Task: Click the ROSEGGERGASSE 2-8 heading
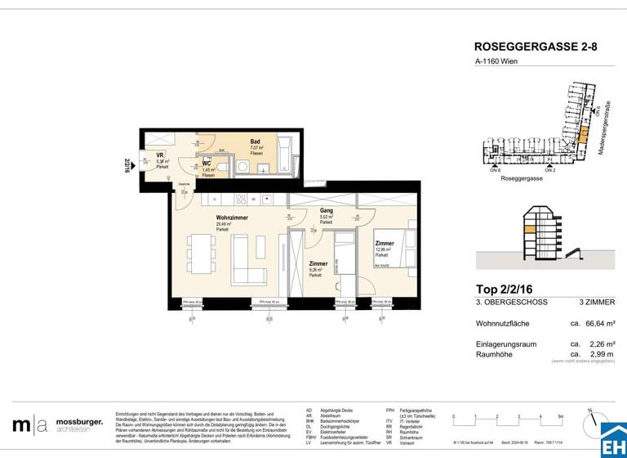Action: [x=536, y=47]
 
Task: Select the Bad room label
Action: [x=256, y=141]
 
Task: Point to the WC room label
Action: [x=207, y=163]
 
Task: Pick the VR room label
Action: [x=160, y=155]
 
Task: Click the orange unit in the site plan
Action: [x=581, y=150]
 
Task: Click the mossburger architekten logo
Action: [x=57, y=424]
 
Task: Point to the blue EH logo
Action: [x=612, y=439]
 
